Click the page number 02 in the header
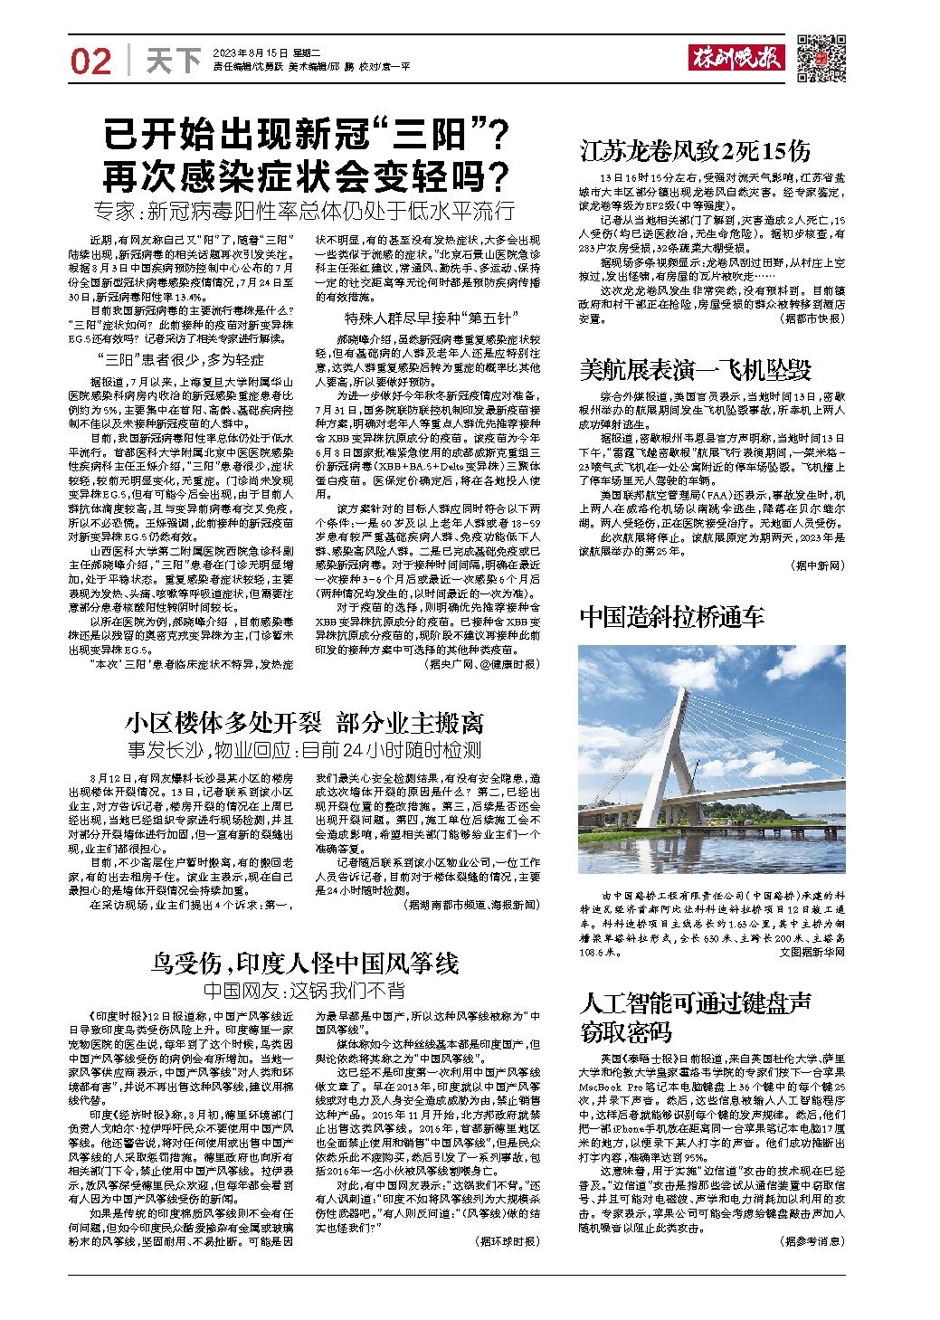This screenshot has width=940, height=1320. (91, 61)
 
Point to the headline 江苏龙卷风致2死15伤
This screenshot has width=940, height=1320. (695, 149)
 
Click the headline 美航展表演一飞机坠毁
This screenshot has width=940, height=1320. (695, 369)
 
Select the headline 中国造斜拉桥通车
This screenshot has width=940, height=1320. (671, 617)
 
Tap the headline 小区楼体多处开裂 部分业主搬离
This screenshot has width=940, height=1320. (305, 723)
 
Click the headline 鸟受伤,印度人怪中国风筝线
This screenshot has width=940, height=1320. (305, 961)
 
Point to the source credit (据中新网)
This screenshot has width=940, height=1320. (816, 565)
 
